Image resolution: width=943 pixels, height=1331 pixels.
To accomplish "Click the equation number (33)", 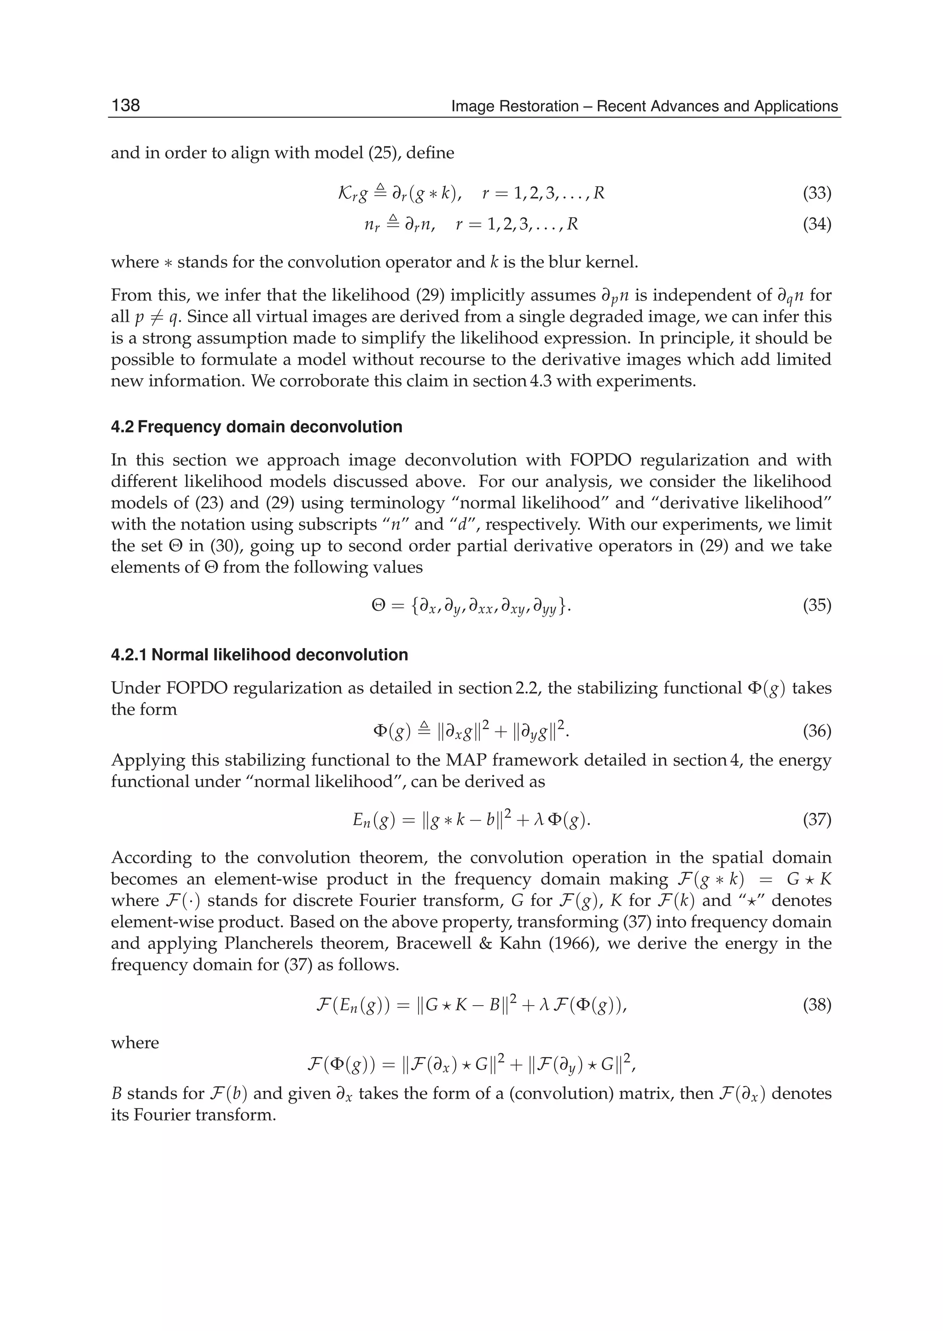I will (816, 193).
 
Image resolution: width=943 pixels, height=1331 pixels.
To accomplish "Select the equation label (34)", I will (816, 224).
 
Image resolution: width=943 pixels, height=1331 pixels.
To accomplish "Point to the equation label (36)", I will (816, 731).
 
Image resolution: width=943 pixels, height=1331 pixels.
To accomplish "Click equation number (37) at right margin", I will (816, 820).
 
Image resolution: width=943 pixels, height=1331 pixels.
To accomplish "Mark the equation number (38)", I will (816, 1005).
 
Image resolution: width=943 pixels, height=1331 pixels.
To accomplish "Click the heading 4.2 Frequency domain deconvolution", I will (256, 427).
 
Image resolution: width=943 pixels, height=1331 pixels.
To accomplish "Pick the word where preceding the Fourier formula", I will (135, 1042).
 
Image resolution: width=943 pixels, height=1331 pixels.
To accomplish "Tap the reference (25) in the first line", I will (387, 153).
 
